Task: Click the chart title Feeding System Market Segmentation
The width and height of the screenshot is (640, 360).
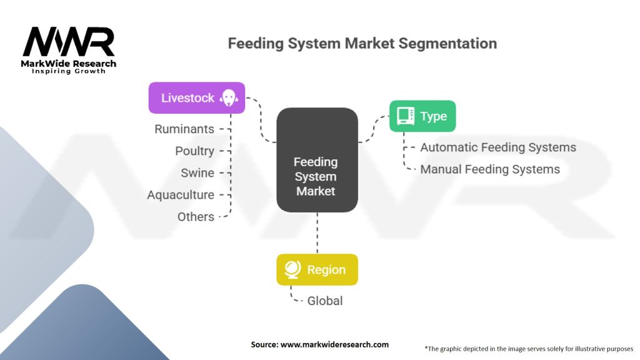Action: pos(362,43)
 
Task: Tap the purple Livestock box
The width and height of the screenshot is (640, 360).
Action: pos(196,98)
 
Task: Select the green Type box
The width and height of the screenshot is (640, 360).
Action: pos(422,116)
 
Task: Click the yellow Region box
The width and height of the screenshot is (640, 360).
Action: pos(317,270)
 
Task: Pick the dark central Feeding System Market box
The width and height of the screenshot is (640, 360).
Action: pos(317,159)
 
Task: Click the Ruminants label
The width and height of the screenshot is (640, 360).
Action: pos(184,129)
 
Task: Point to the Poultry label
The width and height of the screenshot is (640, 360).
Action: pos(194,151)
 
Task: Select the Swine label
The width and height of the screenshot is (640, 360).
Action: pos(197,173)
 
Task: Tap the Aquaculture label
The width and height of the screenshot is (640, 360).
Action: pos(181,195)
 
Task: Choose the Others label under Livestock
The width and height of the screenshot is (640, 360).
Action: pos(196,217)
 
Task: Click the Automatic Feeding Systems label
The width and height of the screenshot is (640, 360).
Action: pos(498,147)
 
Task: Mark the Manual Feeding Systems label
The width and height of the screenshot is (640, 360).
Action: pos(490,169)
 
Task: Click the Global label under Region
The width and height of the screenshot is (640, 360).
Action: pos(325,301)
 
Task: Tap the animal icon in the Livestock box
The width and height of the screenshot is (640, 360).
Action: pos(229,98)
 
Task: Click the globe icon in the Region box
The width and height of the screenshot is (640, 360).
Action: pos(292,270)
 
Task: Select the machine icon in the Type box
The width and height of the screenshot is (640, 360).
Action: pos(405,116)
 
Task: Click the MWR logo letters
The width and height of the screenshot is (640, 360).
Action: pos(69,42)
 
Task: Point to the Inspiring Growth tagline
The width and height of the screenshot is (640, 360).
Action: pos(69,71)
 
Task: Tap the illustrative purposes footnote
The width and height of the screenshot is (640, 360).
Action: pos(529,348)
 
